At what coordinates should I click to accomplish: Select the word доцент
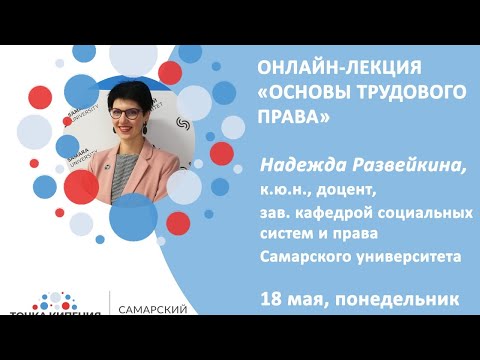click(x=344, y=186)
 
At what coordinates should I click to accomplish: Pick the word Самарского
click(x=306, y=255)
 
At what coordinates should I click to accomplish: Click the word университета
click(x=408, y=255)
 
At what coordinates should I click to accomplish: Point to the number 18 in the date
click(x=270, y=297)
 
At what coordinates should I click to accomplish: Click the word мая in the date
click(x=306, y=297)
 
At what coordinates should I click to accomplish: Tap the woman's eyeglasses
click(x=126, y=112)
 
